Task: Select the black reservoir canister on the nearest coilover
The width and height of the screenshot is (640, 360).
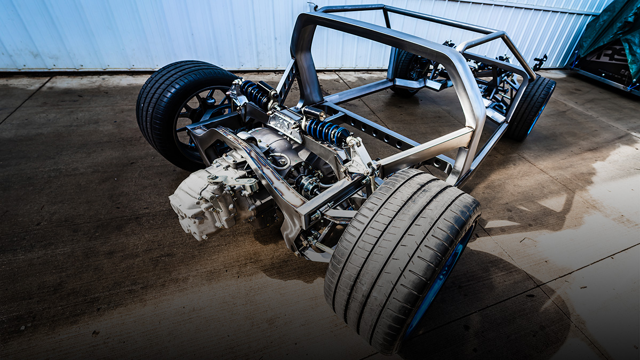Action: click(314, 113)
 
